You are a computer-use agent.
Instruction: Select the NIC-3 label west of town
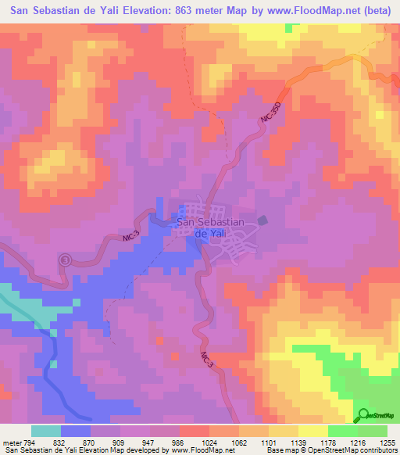[x=131, y=236]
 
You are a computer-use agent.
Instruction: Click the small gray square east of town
[x=262, y=220]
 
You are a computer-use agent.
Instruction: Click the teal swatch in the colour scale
[x=45, y=431]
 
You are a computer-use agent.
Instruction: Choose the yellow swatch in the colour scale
[x=312, y=431]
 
